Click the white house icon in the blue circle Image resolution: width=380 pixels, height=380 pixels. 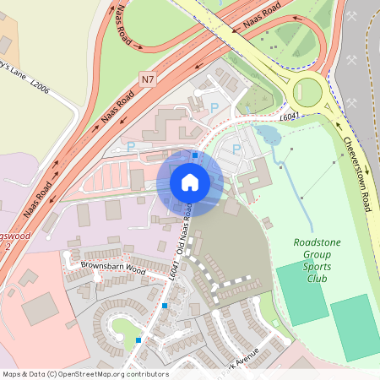click(x=190, y=182)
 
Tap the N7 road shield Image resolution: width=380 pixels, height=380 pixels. click(x=149, y=79)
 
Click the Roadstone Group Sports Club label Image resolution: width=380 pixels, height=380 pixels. click(x=317, y=259)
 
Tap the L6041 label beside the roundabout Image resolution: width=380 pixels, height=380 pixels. click(x=290, y=117)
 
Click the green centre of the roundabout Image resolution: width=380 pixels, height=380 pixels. click(x=305, y=90)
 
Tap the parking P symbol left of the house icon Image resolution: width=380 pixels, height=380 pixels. click(x=131, y=146)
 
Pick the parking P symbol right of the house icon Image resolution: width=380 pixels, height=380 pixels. click(x=236, y=149)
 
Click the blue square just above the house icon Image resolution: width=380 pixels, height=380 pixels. click(x=195, y=155)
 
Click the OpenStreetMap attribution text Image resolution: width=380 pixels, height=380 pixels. click(x=85, y=374)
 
